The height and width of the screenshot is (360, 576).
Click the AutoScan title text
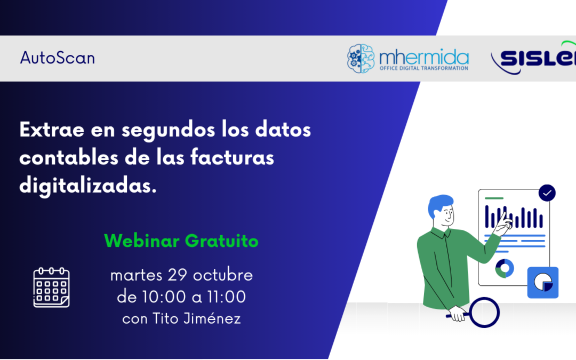point(58,58)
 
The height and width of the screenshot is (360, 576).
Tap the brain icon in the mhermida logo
point(361,58)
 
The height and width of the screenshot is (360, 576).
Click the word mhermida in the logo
point(424,57)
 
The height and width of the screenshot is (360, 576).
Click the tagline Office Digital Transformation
point(423,68)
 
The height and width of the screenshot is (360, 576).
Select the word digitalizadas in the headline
point(88,186)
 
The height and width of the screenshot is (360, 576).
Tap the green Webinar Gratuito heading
point(181,241)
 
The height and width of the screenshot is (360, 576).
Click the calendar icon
point(51,287)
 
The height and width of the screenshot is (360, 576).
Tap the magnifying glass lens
point(484,312)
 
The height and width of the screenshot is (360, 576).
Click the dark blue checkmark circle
point(547,193)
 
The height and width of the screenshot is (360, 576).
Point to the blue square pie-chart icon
point(542,282)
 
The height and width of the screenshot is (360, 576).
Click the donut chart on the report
point(504,269)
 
